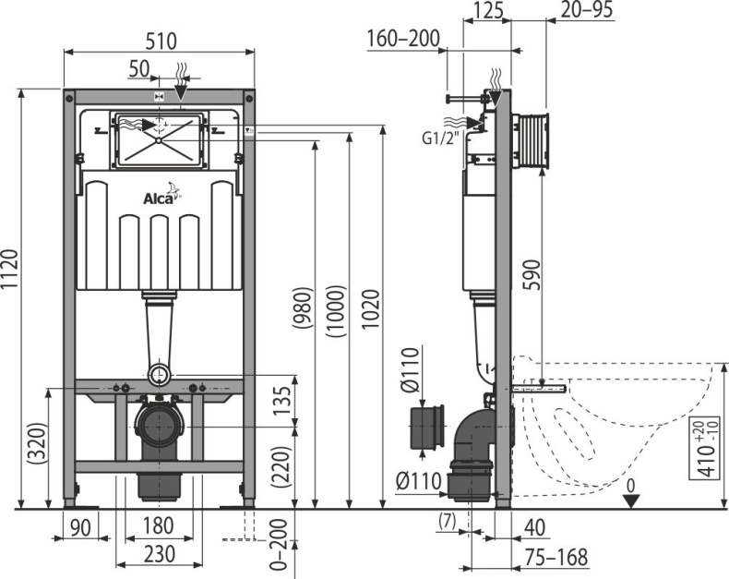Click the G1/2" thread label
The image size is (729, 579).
(x=441, y=140)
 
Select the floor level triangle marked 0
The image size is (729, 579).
(x=630, y=499)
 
